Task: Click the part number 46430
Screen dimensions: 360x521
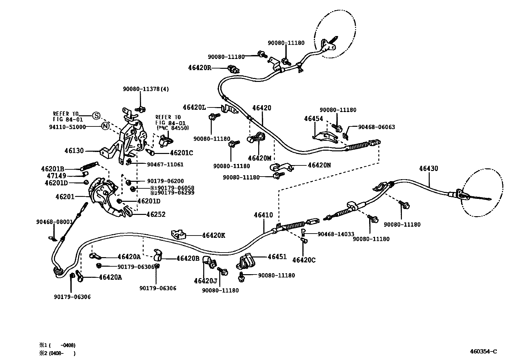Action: [x=428, y=168]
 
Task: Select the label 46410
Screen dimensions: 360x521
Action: [x=263, y=215]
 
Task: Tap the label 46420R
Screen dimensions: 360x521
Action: [x=199, y=67]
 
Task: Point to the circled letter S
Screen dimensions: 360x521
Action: [x=96, y=116]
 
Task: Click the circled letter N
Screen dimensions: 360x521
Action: [x=104, y=126]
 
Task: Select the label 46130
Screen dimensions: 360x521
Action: [x=74, y=151]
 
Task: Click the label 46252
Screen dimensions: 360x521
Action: [x=156, y=215]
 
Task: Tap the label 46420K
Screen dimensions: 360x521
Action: [x=213, y=235]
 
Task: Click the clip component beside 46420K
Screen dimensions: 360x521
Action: [x=179, y=234]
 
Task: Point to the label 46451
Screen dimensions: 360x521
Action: [x=277, y=257]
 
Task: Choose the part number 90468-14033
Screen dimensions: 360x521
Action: [x=336, y=234]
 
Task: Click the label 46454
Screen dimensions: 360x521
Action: [x=313, y=119]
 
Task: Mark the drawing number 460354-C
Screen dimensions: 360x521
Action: [x=483, y=351]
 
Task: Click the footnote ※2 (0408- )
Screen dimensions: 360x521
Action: [x=58, y=353]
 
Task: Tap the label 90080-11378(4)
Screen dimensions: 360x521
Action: [x=146, y=89]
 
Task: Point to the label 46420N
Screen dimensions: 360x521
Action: [x=319, y=165]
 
